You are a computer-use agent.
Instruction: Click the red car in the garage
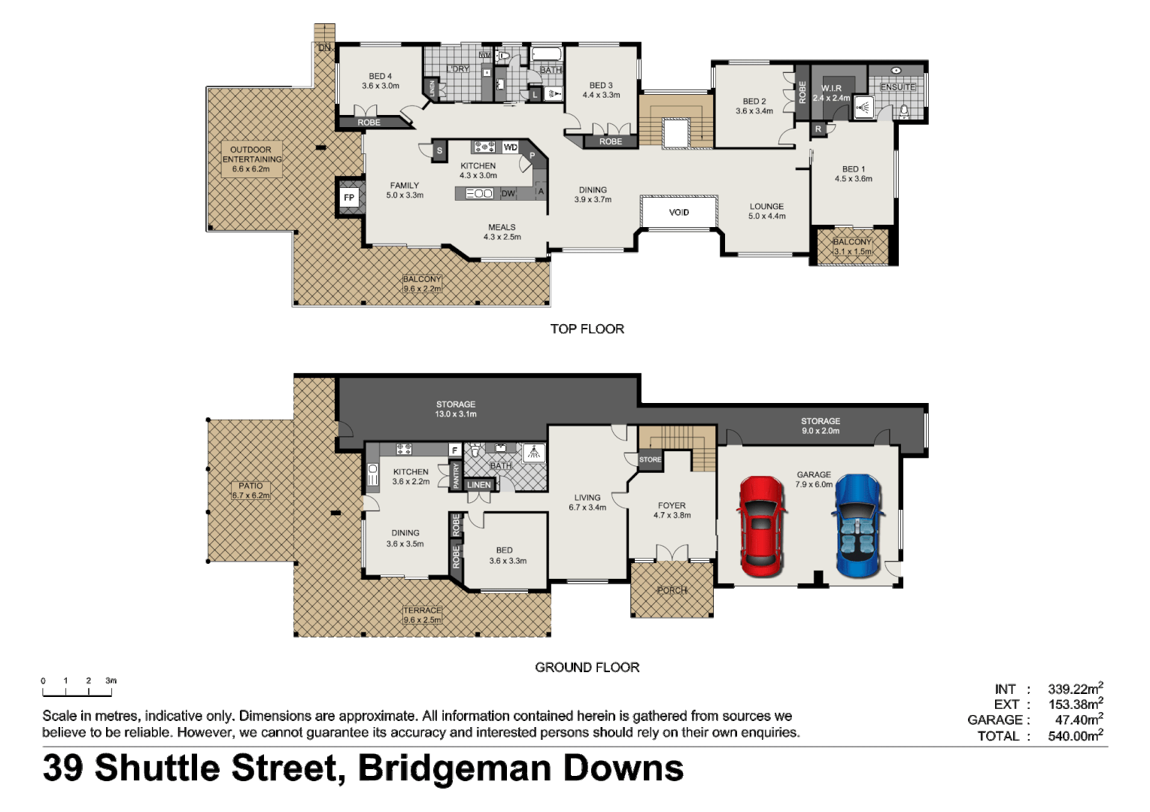[x=761, y=526]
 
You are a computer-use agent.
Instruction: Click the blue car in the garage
[x=858, y=526]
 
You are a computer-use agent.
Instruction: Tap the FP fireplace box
[x=349, y=198]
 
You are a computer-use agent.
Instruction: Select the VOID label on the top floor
[x=678, y=212]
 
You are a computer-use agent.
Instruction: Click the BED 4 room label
[x=380, y=80]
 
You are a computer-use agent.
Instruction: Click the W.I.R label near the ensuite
[x=831, y=89]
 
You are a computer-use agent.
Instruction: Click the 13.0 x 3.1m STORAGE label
[x=456, y=409]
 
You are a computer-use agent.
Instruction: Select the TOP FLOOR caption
[x=587, y=329]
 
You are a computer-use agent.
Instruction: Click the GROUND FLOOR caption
[x=587, y=667]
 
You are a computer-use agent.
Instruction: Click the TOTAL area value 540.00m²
[x=1075, y=736]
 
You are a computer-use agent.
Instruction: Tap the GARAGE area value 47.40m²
[x=1079, y=720]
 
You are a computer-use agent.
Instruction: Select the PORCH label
[x=672, y=590]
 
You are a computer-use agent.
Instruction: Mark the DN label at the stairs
[x=324, y=47]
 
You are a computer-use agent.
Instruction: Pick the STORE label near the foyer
[x=650, y=459]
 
